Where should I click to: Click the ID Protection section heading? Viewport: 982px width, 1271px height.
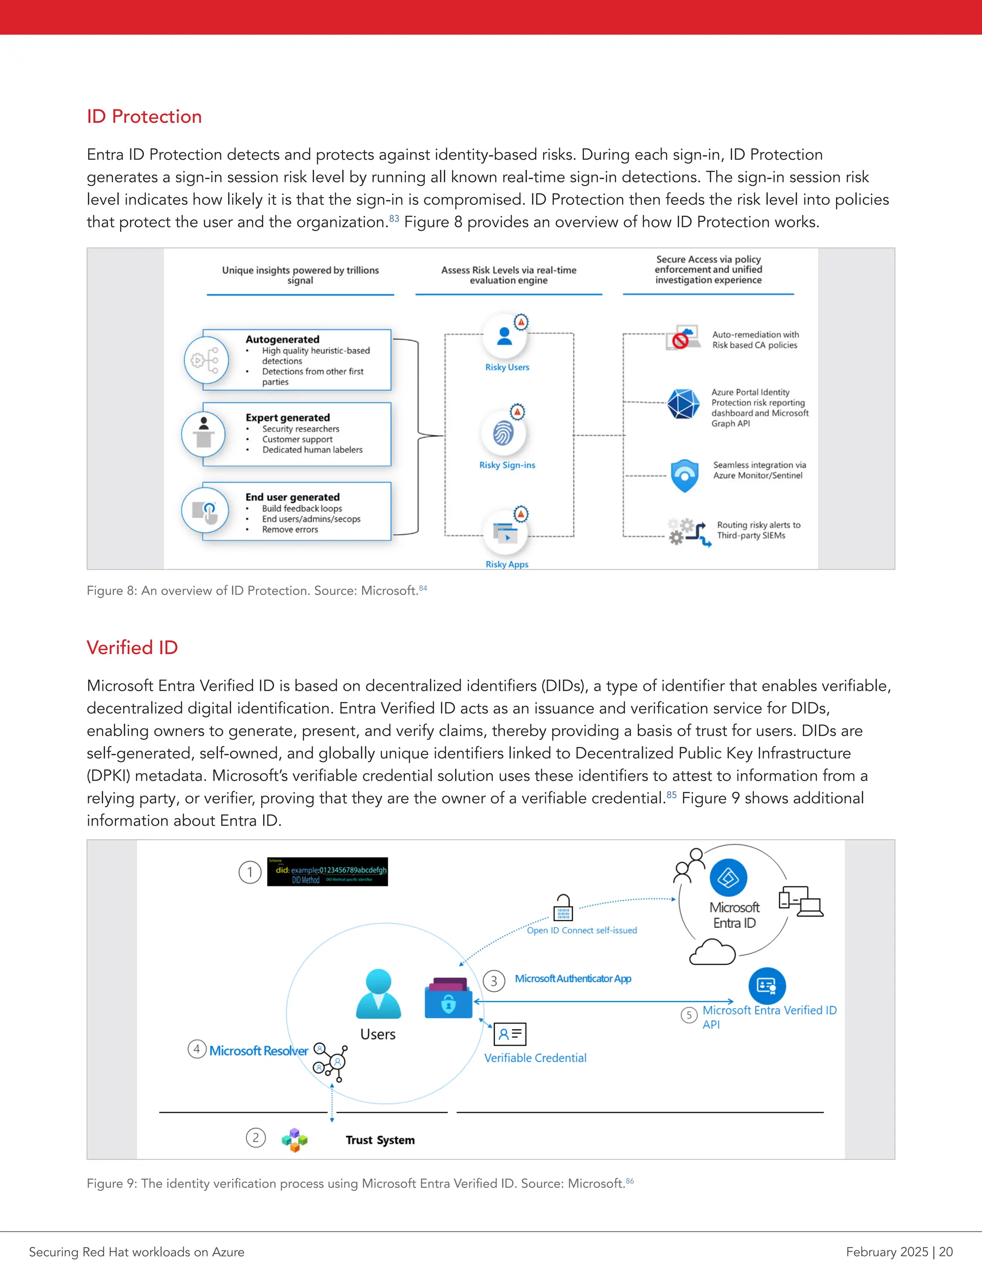click(x=144, y=117)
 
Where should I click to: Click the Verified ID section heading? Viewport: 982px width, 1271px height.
click(x=132, y=647)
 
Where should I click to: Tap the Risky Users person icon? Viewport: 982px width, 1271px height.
click(x=504, y=336)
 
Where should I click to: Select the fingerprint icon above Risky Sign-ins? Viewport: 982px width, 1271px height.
click(x=503, y=434)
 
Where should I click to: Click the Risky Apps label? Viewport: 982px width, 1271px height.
click(x=507, y=564)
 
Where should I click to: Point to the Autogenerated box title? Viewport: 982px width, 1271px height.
click(x=282, y=339)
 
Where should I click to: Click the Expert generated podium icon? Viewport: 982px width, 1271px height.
click(x=203, y=434)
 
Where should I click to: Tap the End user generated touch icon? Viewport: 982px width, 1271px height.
click(x=204, y=511)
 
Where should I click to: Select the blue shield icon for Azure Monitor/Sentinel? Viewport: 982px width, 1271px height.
click(x=685, y=475)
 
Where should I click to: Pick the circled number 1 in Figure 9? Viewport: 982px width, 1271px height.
click(x=249, y=872)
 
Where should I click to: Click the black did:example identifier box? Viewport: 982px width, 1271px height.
click(x=327, y=871)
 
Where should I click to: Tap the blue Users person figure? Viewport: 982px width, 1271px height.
click(x=378, y=993)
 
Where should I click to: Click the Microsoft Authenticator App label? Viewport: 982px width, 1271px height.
click(x=573, y=979)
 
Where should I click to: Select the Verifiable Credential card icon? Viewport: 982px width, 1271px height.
click(x=510, y=1034)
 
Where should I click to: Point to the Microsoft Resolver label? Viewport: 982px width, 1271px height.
click(x=259, y=1050)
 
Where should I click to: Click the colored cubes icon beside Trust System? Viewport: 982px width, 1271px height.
click(x=294, y=1140)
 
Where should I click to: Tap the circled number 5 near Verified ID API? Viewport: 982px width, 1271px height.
click(x=689, y=1015)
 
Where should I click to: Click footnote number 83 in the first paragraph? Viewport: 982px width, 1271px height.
click(x=394, y=218)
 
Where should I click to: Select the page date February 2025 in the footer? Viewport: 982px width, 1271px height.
click(x=887, y=1252)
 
